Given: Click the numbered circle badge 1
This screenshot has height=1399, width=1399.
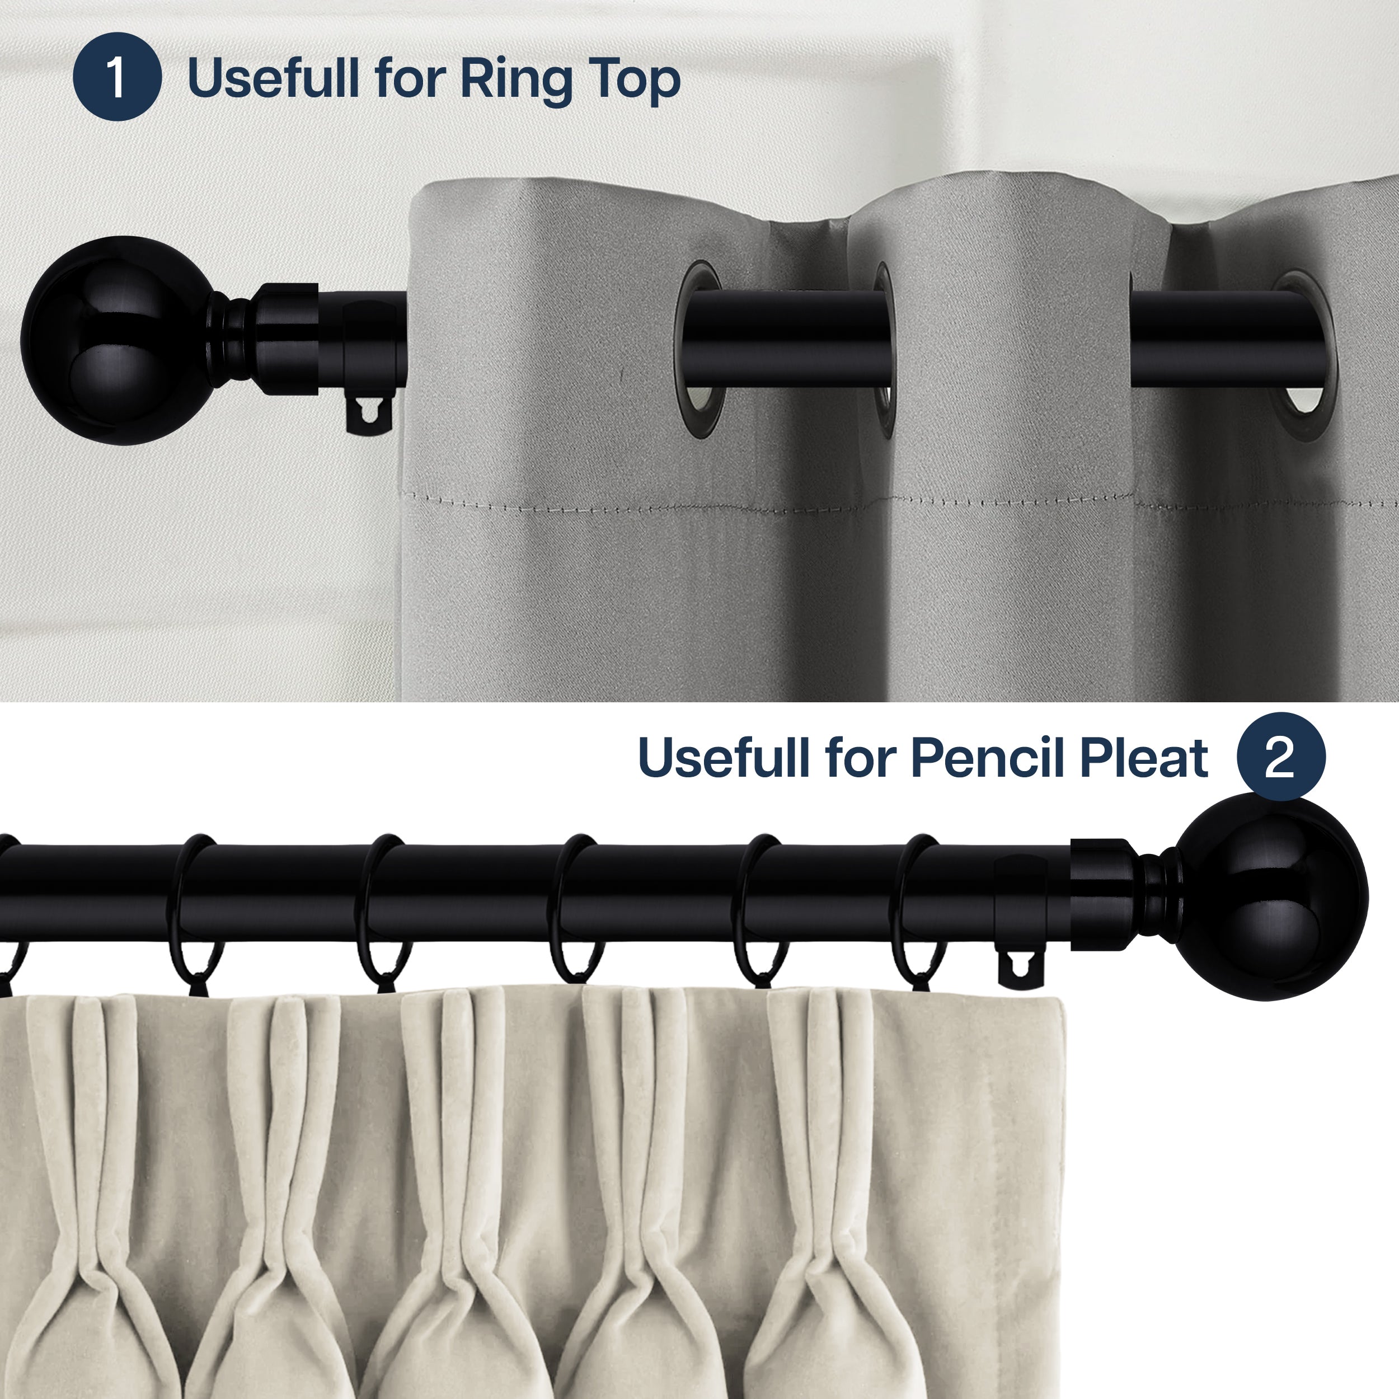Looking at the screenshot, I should [116, 77].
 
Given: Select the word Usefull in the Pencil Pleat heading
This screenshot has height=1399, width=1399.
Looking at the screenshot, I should [724, 759].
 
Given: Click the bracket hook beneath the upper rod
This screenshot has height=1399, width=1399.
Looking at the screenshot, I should [369, 416].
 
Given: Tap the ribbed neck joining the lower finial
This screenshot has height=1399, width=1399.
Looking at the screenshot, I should [1155, 896].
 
